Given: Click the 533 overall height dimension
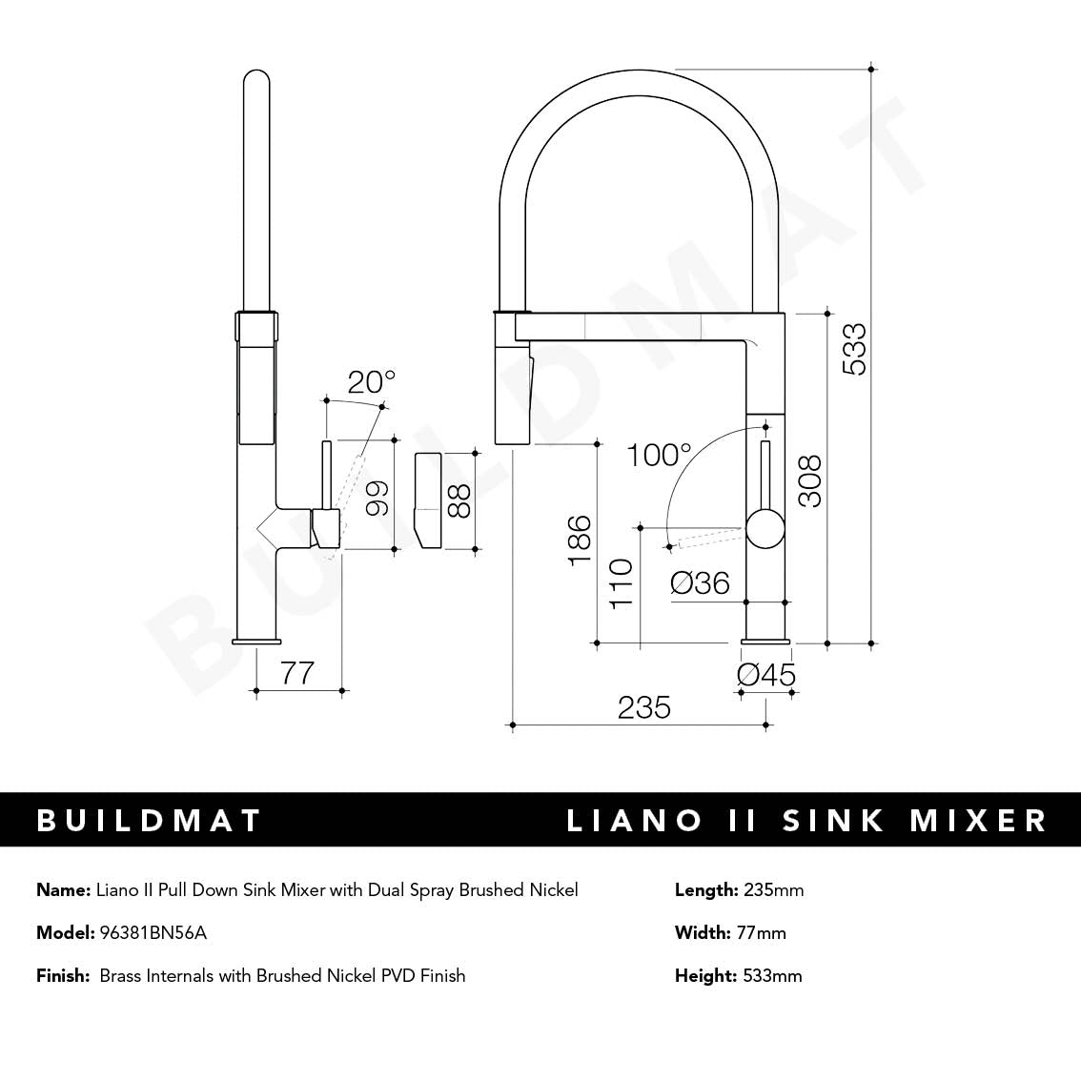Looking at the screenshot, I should (854, 350).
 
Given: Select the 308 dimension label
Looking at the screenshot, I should (808, 482).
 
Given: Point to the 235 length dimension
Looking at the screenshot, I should (644, 707).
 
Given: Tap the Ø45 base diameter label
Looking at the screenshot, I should (766, 675).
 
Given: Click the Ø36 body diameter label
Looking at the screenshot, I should (701, 582).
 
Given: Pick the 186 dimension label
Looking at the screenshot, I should (579, 540).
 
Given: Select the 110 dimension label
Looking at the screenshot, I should (620, 583).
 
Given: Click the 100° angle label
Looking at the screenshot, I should (659, 456).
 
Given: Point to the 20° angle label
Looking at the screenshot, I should (370, 382).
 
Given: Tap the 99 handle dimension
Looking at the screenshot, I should (377, 497).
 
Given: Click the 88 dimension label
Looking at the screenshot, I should (459, 500).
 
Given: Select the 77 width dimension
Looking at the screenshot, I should (297, 673).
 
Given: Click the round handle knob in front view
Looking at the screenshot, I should (766, 528).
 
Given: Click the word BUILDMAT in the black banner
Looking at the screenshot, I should (149, 820).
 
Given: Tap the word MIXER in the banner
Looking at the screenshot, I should (979, 820).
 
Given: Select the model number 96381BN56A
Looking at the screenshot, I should (153, 932).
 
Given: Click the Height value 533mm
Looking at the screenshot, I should (772, 975).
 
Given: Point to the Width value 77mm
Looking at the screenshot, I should (761, 932).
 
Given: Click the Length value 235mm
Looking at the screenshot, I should (773, 890).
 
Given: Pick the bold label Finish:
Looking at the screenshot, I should (63, 975).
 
